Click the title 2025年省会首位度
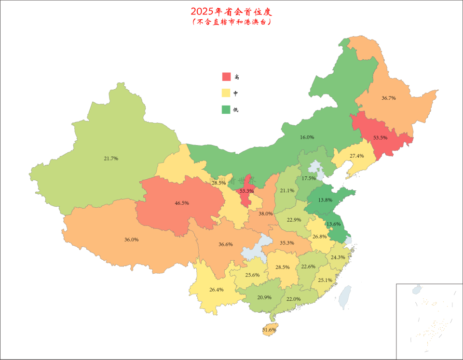pos(231,11)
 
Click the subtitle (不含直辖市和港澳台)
pos(231,22)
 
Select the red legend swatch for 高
pos(226,77)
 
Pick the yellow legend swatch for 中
pos(226,93)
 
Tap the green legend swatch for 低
pos(226,109)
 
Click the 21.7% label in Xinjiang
pos(111,158)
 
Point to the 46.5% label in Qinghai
pos(182,203)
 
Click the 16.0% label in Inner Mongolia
pos(307,137)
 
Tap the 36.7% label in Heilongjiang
pos(388,98)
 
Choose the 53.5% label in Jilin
pos(380,137)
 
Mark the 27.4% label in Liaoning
pos(356,156)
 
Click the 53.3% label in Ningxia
pos(246,191)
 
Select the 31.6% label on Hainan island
pos(269,330)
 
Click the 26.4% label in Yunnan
pos(216,290)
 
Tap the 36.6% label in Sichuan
pos(225,244)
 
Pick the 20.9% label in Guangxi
pos(264,297)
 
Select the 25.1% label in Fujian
pos(325,280)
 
